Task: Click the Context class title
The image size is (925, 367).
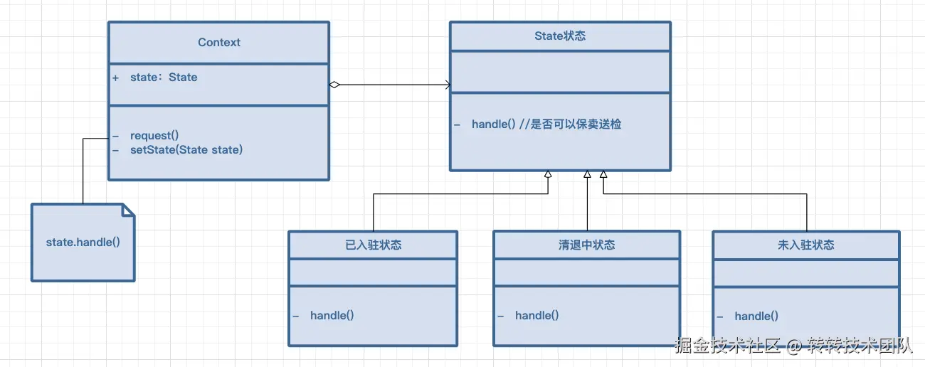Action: coord(219,43)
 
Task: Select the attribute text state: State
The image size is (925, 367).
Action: coord(164,78)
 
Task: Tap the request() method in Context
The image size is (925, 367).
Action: coord(154,135)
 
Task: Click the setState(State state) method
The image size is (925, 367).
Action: coord(186,149)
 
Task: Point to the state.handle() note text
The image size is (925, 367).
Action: coord(83,243)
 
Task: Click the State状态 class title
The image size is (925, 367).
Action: coord(560,36)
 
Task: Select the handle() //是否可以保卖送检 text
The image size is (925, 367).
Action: coord(546,124)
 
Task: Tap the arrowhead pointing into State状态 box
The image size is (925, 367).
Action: coord(448,85)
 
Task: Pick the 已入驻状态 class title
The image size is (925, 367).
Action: coord(373,245)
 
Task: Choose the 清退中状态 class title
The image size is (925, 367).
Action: coord(586,245)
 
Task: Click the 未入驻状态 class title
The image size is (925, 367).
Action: coord(806,245)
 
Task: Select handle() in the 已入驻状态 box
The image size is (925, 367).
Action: coord(332,315)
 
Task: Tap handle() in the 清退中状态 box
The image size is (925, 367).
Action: coord(537,315)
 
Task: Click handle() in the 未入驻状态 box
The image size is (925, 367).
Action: coord(756,316)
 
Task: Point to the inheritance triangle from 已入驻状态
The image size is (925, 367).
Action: coord(548,175)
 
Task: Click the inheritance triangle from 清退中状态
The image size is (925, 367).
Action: coord(587,175)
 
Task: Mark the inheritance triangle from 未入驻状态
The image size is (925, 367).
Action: coord(603,175)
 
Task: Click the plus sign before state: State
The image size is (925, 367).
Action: coord(115,78)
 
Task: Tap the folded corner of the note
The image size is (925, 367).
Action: coord(128,210)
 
